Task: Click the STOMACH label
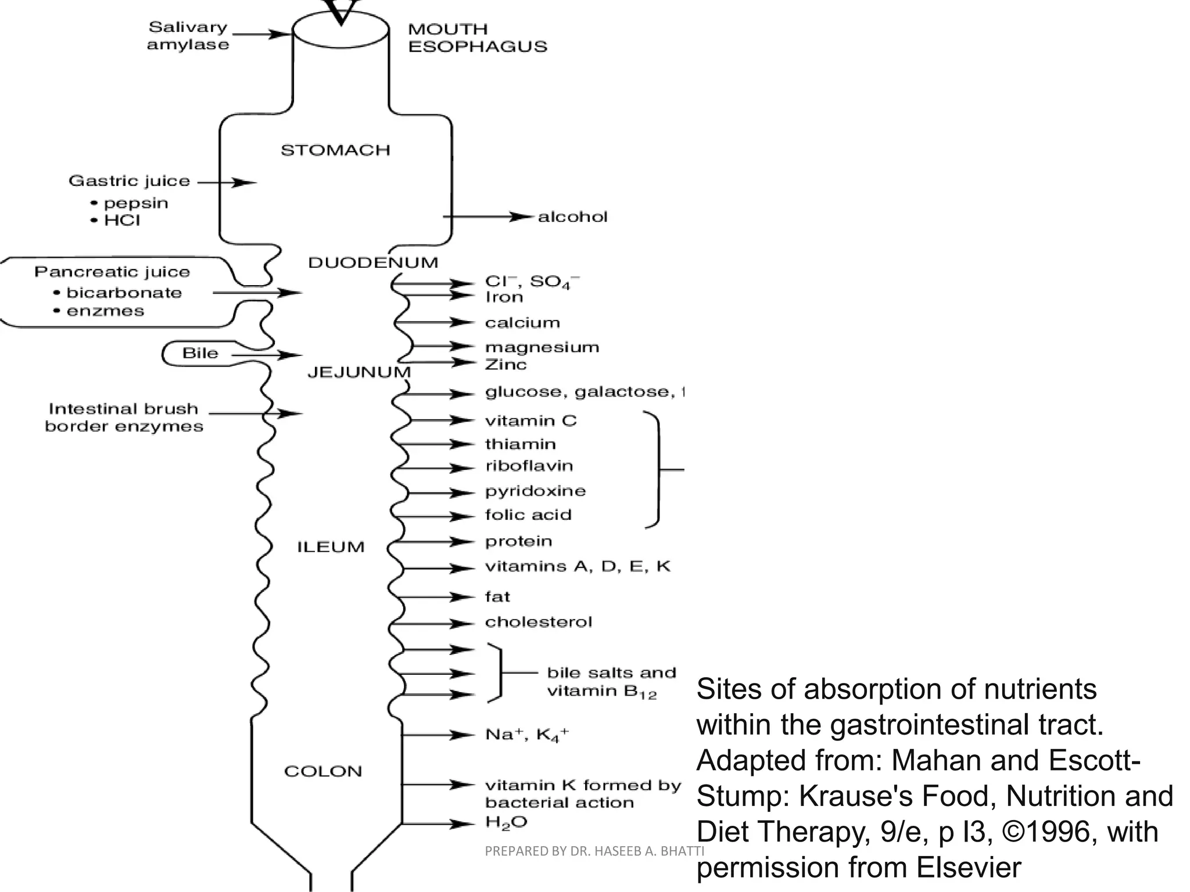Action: pyautogui.click(x=335, y=150)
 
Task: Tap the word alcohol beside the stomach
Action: pyautogui.click(x=572, y=217)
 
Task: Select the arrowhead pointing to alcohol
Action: pyautogui.click(x=521, y=217)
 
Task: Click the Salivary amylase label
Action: pyautogui.click(x=188, y=36)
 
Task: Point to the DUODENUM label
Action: pyautogui.click(x=373, y=262)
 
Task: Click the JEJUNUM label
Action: pyautogui.click(x=359, y=372)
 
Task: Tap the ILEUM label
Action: pyautogui.click(x=331, y=547)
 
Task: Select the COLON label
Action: pyautogui.click(x=323, y=771)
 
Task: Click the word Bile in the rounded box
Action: pyautogui.click(x=200, y=353)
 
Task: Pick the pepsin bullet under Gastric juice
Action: pyautogui.click(x=135, y=203)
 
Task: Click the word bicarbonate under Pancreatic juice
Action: pyautogui.click(x=124, y=293)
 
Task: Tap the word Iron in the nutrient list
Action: pyautogui.click(x=504, y=297)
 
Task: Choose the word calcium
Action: pyautogui.click(x=522, y=323)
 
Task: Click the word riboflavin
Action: pyautogui.click(x=529, y=466)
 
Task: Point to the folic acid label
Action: pyautogui.click(x=528, y=515)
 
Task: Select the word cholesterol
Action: pyautogui.click(x=538, y=623)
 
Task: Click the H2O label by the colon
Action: pyautogui.click(x=506, y=822)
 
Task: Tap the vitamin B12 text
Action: pyautogui.click(x=601, y=692)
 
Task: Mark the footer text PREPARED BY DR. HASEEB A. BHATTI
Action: pyautogui.click(x=594, y=851)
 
